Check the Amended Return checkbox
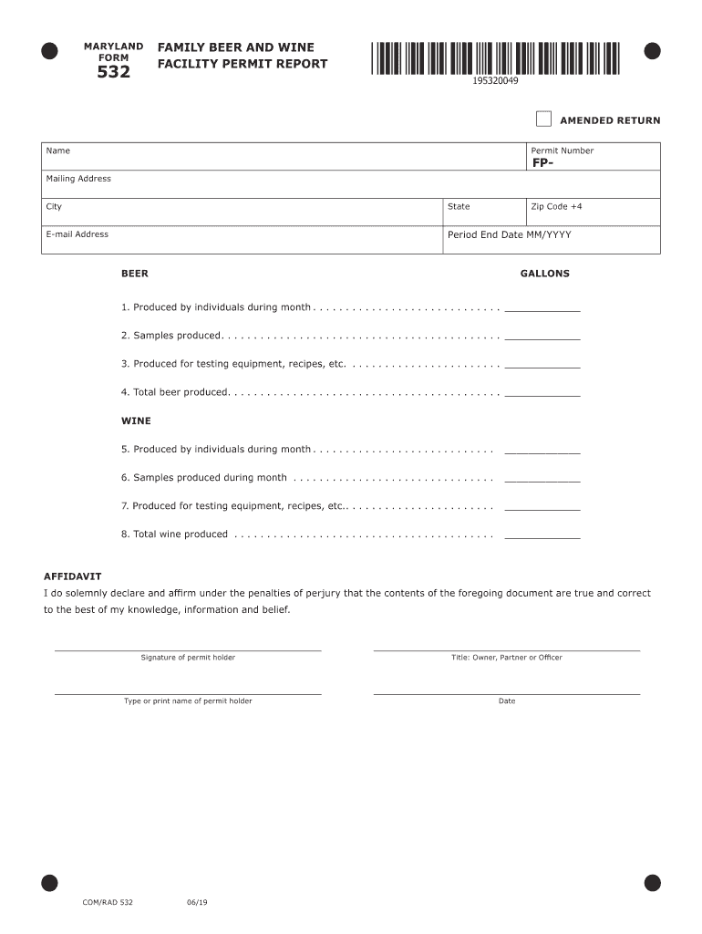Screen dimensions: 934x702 coord(543,119)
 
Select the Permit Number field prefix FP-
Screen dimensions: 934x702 coord(543,163)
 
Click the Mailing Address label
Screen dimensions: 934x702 coord(78,179)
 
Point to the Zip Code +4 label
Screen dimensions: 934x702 coord(556,206)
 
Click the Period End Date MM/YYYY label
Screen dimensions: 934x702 coord(509,234)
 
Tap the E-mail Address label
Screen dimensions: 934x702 coord(77,234)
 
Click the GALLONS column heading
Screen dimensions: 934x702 coord(544,274)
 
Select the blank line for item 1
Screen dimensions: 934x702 coord(542,308)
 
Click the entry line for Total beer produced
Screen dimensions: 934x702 coord(542,393)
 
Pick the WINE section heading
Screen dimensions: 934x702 coord(136,421)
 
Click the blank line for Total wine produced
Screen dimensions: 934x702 coord(542,535)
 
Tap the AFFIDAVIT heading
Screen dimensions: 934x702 coord(73,576)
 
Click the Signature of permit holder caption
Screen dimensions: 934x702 coord(188,658)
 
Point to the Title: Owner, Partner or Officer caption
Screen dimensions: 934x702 coord(507,658)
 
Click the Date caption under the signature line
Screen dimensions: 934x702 coord(507,701)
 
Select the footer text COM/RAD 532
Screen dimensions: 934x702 coord(108,902)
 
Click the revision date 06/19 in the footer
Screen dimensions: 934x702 coord(197,902)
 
